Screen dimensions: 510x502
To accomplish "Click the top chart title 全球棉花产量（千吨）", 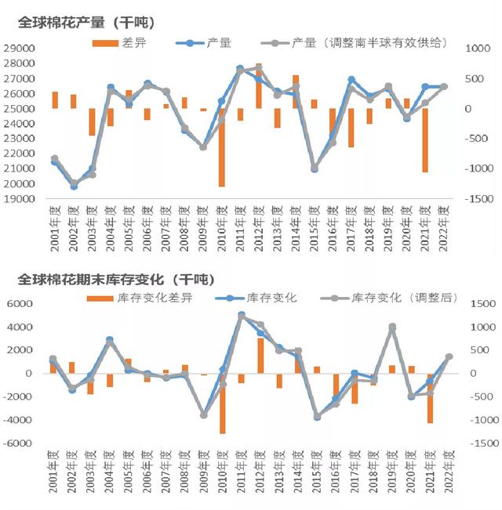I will [86, 22].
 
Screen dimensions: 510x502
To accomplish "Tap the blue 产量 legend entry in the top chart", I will [204, 42].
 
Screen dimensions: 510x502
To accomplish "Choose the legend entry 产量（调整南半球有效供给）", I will [353, 42].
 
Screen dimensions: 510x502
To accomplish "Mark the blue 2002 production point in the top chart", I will [74, 186].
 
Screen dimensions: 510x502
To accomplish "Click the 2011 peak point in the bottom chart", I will [242, 315].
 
